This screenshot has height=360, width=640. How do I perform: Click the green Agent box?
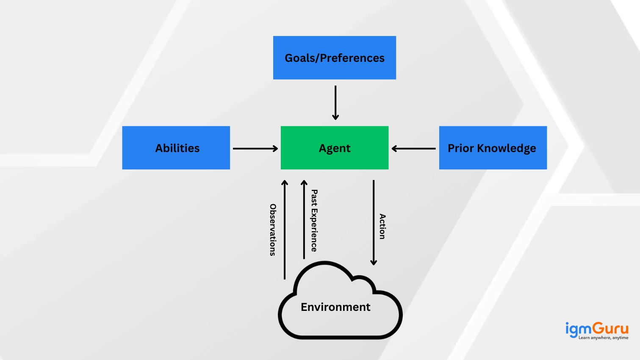coord(334,148)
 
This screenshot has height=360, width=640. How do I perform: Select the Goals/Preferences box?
coord(334,58)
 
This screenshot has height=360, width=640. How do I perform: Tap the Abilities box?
coord(176,148)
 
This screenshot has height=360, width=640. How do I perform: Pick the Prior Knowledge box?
coord(493,148)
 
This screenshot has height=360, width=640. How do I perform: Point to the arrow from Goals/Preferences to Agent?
coord(335,102)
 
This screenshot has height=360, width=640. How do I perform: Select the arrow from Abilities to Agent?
coord(255,149)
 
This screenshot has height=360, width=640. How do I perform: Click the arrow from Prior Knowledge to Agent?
coord(414,149)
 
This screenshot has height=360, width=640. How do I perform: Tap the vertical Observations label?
coord(273,230)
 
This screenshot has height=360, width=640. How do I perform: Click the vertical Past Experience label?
coord(314,221)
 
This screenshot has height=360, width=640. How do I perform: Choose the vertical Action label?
coord(382,227)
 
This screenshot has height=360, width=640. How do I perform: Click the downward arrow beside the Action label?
coord(374,222)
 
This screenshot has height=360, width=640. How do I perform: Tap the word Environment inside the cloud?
coord(335,307)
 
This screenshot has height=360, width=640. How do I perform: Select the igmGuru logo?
coord(597,329)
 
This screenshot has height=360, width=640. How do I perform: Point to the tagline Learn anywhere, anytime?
coord(603,338)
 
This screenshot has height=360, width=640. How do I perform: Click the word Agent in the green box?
coord(335,148)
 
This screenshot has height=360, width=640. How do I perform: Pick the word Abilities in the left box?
coord(177,148)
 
